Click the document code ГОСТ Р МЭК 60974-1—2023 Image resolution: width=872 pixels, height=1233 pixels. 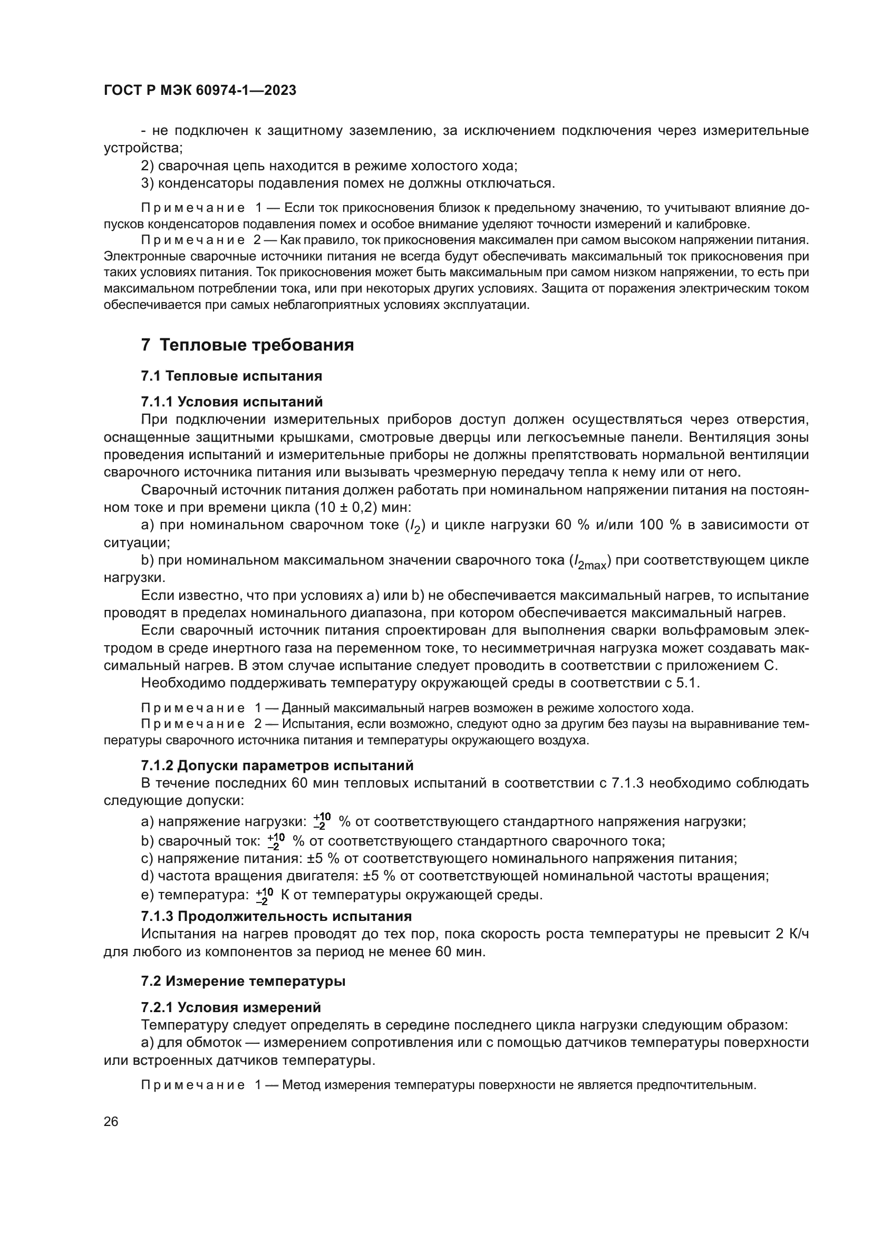click(200, 91)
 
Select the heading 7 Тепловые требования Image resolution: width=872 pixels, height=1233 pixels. click(248, 345)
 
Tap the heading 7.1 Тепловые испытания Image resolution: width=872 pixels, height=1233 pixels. click(231, 376)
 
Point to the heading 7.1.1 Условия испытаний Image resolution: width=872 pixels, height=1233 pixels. click(232, 402)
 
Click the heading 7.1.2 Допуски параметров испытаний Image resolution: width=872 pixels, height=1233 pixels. click(277, 765)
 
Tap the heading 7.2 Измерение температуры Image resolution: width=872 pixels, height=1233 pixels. click(243, 981)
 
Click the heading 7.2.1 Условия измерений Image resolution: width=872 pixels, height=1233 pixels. click(231, 1007)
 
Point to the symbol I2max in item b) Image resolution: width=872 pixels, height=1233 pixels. click(590, 562)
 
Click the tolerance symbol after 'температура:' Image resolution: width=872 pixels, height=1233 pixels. click(265, 895)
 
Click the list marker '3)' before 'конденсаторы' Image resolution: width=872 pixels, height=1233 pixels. click(148, 183)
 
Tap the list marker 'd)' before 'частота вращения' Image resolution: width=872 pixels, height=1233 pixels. click(147, 876)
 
